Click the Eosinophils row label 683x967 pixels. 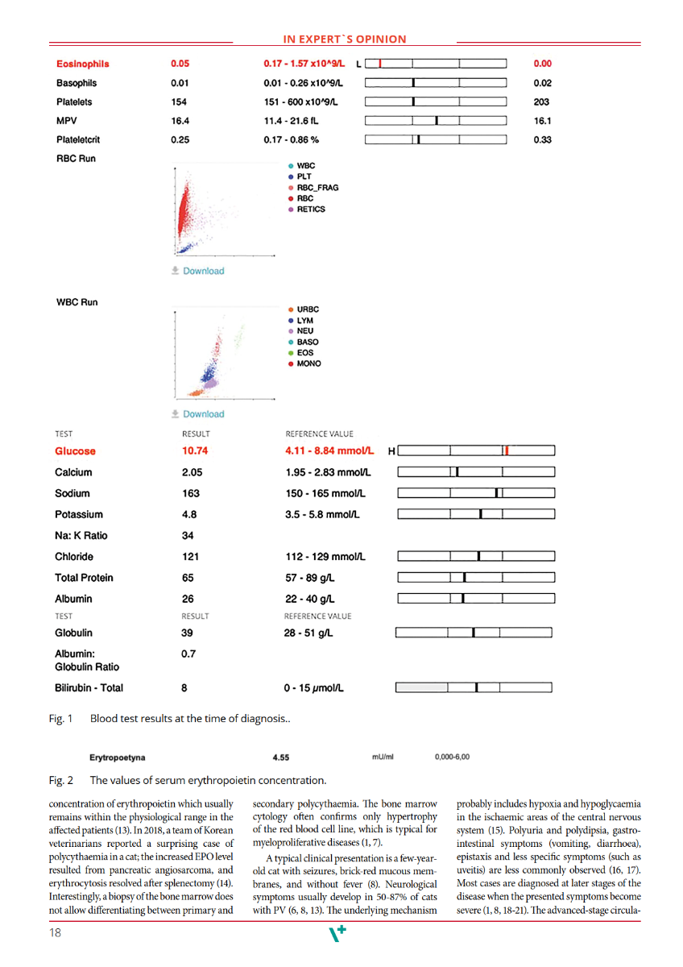83,64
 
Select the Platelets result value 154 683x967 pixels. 179,102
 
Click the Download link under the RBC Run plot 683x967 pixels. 198,271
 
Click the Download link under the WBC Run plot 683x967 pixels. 198,414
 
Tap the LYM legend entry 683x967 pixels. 303,320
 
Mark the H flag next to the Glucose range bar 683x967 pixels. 391,451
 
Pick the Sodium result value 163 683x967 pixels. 191,493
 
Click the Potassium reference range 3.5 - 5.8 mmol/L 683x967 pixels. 322,514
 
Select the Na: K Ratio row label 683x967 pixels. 81,535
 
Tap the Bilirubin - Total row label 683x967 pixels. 89,688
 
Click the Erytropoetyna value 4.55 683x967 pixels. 281,757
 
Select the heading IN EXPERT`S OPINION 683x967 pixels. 345,39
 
